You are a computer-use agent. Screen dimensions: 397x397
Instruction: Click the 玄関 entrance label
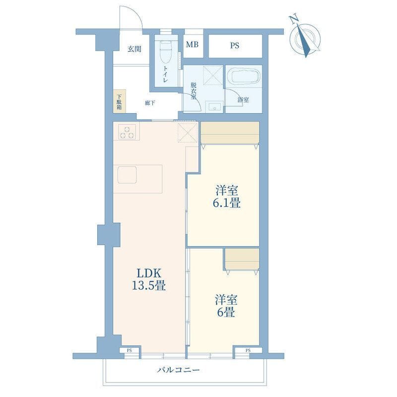click(x=134, y=49)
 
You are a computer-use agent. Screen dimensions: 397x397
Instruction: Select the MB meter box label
click(x=192, y=45)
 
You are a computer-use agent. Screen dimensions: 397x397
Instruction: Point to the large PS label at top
click(x=235, y=46)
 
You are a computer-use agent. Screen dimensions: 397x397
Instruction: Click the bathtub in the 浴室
click(x=243, y=75)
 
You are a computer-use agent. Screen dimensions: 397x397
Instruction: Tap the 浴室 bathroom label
click(x=243, y=100)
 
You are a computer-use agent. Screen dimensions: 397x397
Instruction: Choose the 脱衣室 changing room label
click(x=194, y=90)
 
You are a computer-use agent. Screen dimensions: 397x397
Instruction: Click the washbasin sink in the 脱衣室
click(x=214, y=106)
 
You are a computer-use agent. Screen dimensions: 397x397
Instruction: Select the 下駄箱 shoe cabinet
click(x=120, y=101)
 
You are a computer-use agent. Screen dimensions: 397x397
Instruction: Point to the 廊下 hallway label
click(x=150, y=103)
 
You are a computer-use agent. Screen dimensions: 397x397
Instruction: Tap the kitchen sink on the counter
click(x=127, y=175)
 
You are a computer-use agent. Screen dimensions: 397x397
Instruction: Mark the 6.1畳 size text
click(x=227, y=203)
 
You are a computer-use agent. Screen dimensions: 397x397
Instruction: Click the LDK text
click(x=149, y=273)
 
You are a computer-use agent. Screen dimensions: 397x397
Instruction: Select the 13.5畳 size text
click(x=149, y=286)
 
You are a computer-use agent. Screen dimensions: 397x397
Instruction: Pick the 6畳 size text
click(x=226, y=312)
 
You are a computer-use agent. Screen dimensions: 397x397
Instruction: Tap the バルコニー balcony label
click(x=178, y=370)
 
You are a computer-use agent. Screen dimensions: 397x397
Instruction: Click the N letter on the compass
click(x=293, y=20)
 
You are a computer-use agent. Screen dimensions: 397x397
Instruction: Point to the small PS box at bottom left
click(x=130, y=350)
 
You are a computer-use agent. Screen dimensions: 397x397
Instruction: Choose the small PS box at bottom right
click(x=248, y=350)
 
